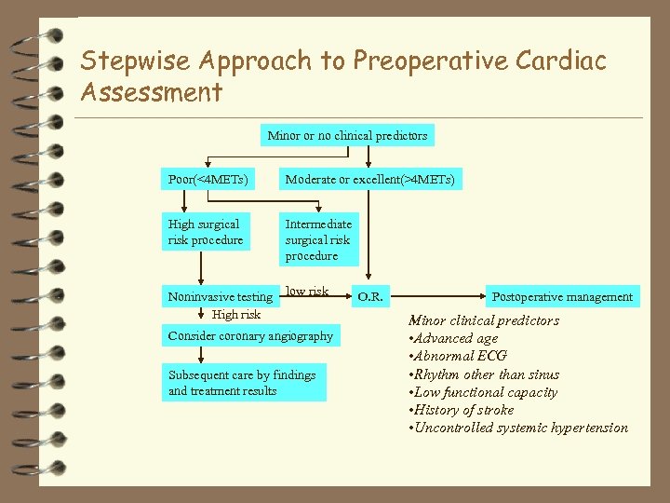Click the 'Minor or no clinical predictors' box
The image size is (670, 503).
pos(347,136)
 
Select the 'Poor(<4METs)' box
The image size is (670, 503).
pos(208,179)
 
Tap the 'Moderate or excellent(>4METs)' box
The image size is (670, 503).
pos(369,179)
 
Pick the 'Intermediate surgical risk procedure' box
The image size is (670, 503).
pos(318,239)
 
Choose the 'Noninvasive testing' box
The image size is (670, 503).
pos(221,296)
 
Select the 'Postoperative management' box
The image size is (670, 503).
pos(562,296)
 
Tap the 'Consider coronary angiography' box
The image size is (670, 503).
pos(249,335)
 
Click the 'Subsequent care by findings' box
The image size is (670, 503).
pos(244,383)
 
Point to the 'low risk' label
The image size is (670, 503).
pos(307,292)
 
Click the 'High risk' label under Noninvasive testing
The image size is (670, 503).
pos(236,315)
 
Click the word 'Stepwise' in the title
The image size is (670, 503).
pos(135,61)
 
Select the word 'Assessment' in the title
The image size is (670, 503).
pos(152,92)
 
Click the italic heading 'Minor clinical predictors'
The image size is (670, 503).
pos(484,320)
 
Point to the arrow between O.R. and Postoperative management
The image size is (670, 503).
pos(437,296)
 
